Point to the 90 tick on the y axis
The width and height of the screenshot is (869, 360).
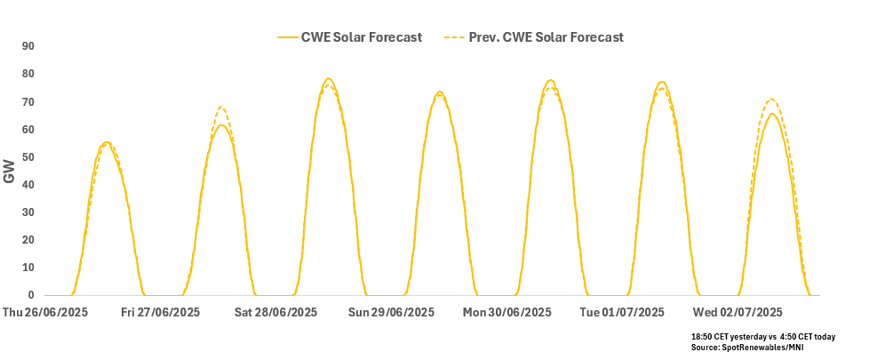(x=28, y=46)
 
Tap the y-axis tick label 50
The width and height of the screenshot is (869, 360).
(x=28, y=157)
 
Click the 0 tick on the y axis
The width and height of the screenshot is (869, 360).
(x=31, y=295)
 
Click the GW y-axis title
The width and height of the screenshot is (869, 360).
(x=10, y=172)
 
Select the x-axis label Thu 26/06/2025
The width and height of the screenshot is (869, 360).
(x=45, y=313)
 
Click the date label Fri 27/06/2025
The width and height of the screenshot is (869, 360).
(x=161, y=313)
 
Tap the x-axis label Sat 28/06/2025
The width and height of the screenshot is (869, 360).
(x=276, y=313)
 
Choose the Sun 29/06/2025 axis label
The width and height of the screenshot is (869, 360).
(x=392, y=313)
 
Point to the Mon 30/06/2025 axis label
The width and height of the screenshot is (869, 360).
(x=507, y=313)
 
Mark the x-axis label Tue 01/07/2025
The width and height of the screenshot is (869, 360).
(x=622, y=313)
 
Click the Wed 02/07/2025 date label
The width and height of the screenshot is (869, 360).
(x=737, y=313)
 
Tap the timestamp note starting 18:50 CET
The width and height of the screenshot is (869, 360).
(x=763, y=337)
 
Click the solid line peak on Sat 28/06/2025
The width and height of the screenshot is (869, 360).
(x=329, y=78)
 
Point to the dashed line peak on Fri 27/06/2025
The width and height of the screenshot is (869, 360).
(x=221, y=108)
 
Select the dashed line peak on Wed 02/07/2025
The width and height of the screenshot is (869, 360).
(x=771, y=99)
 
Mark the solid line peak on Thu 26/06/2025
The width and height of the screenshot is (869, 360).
(x=106, y=142)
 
